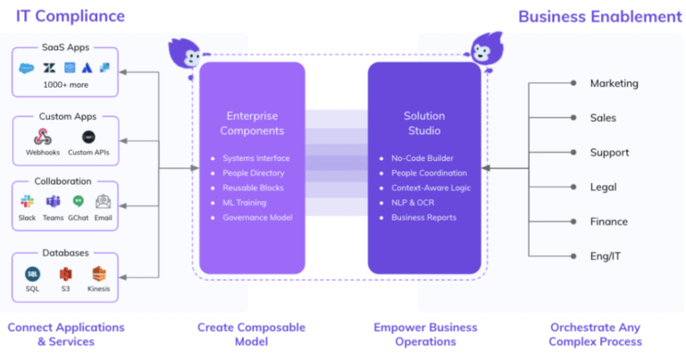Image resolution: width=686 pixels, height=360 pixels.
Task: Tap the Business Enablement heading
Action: (x=599, y=16)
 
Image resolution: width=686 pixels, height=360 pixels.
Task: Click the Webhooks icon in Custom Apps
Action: (x=43, y=138)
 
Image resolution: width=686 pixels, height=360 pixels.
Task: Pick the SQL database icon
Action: (x=32, y=274)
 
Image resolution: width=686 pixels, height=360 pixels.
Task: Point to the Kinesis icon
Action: (x=98, y=274)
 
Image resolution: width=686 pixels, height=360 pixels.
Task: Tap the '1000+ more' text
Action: (x=65, y=84)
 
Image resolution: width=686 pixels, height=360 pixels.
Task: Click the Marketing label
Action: (x=614, y=83)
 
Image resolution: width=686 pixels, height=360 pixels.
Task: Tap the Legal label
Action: (x=603, y=187)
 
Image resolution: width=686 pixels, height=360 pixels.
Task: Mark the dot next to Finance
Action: (x=573, y=222)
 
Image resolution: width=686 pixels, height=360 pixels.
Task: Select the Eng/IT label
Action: (x=607, y=256)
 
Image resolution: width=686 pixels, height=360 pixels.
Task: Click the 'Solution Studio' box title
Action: (x=425, y=123)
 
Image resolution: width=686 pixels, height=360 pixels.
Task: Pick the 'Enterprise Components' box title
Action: (x=252, y=123)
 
